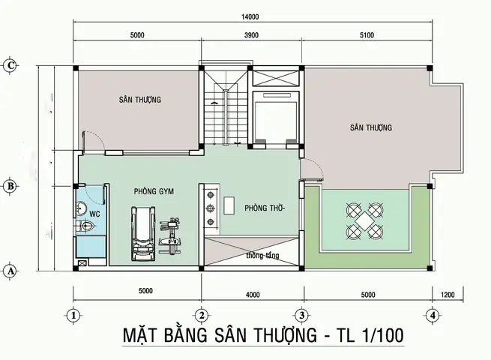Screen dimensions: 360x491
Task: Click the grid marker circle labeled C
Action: pyautogui.click(x=10, y=64)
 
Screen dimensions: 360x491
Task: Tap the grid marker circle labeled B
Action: pyautogui.click(x=10, y=185)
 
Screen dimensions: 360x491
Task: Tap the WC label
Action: pyautogui.click(x=94, y=214)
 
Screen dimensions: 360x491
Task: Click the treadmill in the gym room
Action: pyautogui.click(x=142, y=232)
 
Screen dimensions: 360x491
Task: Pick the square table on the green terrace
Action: pyautogui.click(x=366, y=219)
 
